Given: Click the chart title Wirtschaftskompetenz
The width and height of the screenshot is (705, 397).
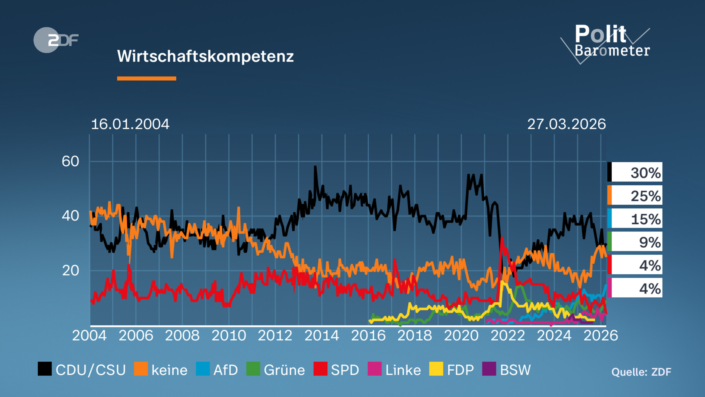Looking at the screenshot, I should pos(205,56).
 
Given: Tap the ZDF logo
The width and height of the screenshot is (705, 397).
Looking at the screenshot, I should pos(56,40).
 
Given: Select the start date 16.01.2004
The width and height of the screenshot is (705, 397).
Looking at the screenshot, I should pos(130,124).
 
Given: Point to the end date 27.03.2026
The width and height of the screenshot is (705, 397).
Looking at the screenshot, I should pos(566,124).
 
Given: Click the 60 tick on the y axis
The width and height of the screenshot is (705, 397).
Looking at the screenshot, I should pos(70,161).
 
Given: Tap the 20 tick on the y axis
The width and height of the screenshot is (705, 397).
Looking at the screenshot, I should pos(70,271).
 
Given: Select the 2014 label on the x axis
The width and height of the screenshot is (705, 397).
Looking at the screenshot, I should pos(322,336).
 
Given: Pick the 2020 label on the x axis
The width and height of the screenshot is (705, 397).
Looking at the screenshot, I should pos(461,336).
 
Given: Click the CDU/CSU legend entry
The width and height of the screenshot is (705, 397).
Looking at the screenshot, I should pos(82,370).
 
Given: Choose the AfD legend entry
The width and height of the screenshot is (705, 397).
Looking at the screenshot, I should pos(217,370).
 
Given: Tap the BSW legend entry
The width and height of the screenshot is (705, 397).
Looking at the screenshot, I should pos(507,370).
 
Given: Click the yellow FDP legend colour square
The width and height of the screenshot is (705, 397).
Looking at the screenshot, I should pos(436,369).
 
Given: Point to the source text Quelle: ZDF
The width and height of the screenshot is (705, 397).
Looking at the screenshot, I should pos(641,372).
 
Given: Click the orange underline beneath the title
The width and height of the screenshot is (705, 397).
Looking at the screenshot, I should pos(147,79).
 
